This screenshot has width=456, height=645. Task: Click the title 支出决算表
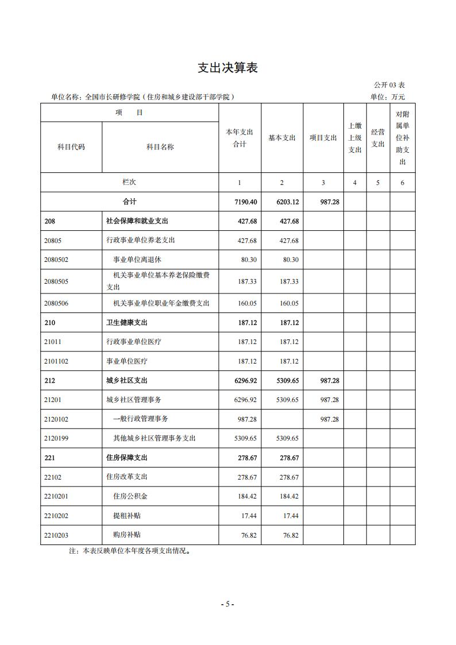pyautogui.click(x=228, y=68)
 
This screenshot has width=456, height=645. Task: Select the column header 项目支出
pyautogui.click(x=323, y=138)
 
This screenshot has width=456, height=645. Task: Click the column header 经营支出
pyautogui.click(x=378, y=138)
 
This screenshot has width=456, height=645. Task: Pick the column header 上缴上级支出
pyautogui.click(x=355, y=138)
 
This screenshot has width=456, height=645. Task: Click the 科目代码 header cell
pyautogui.click(x=71, y=147)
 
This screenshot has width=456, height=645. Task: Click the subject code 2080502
pyautogui.click(x=56, y=260)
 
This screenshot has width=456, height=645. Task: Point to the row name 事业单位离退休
pyautogui.click(x=137, y=260)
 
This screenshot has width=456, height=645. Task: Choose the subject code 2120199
pyautogui.click(x=56, y=438)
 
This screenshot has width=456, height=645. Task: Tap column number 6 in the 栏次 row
pyautogui.click(x=403, y=183)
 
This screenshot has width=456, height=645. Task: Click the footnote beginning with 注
pyautogui.click(x=129, y=551)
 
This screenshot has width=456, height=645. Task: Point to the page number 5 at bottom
pyautogui.click(x=227, y=604)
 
